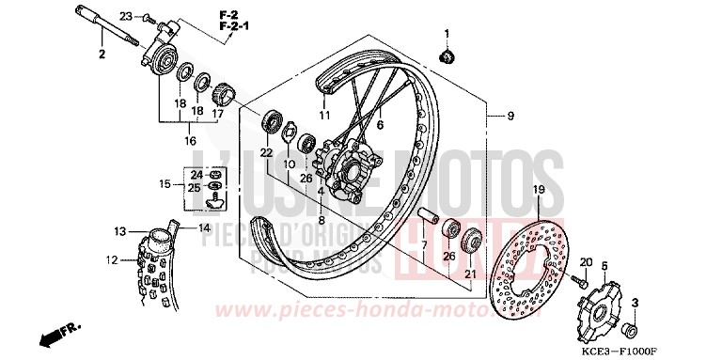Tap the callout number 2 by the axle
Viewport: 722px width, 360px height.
[x=101, y=54]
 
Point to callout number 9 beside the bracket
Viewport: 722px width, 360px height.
[x=510, y=117]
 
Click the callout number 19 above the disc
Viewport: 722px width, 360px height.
[x=539, y=190]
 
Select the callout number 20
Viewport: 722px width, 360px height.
[x=585, y=262]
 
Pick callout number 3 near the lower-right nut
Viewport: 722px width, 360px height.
[x=635, y=302]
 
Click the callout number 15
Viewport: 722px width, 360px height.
[x=164, y=184]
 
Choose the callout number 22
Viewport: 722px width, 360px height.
[x=266, y=152]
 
